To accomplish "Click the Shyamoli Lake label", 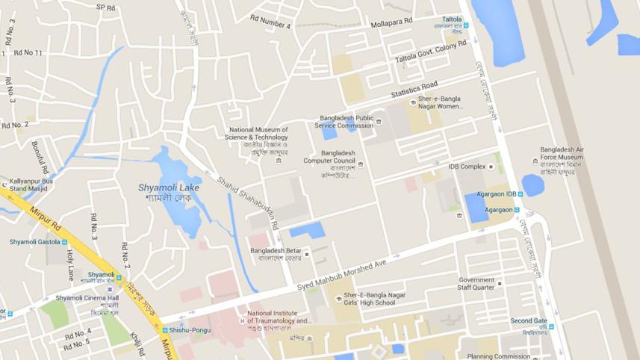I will pos(169,187).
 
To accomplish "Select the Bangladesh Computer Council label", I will pos(329,157).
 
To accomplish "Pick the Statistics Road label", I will pos(414,90).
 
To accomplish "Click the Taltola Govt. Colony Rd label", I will pos(431,52).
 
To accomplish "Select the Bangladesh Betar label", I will pos(276,250).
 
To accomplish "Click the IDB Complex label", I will pos(467,167).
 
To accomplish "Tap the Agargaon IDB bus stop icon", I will pos(521,194).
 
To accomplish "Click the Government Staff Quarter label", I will pos(476,284).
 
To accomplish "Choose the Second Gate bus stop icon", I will pos(552,326).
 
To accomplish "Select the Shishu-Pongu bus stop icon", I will pos(165,330).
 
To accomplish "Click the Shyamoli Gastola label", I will pos(34,242).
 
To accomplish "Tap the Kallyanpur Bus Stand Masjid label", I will pos(31,184).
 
